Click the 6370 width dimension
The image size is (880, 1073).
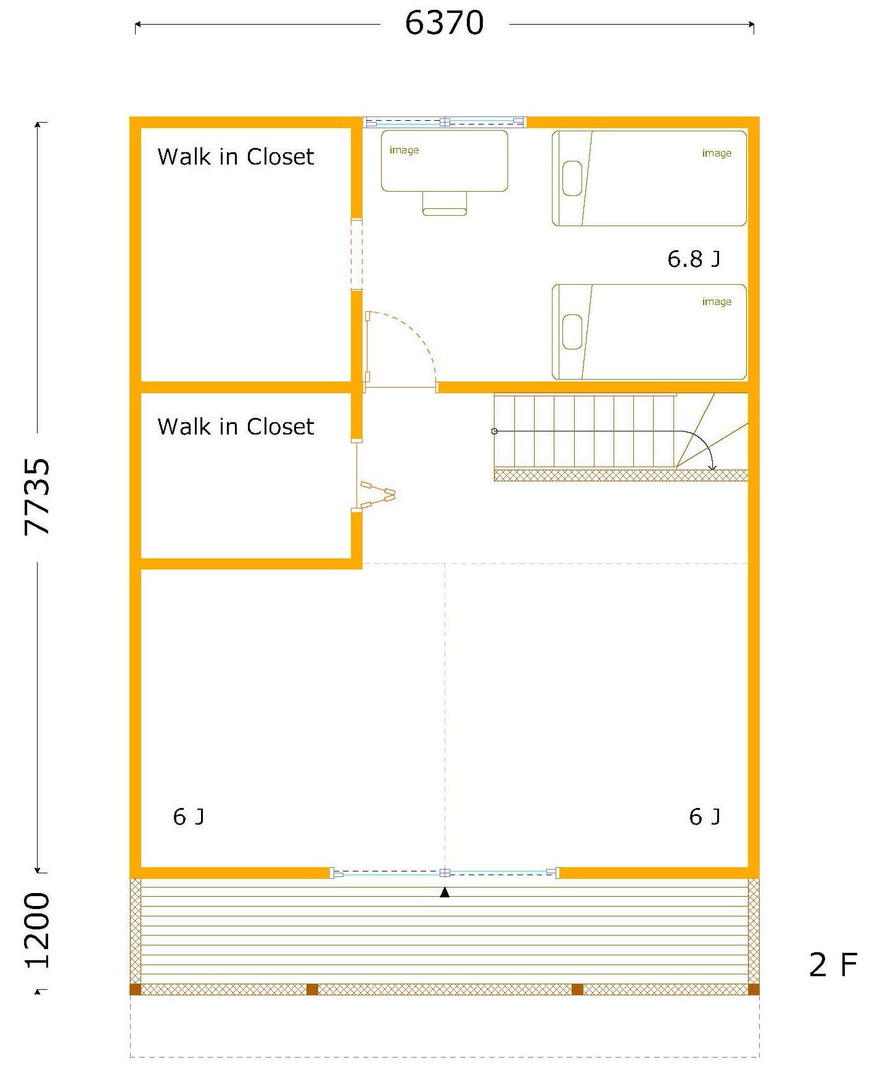click(444, 23)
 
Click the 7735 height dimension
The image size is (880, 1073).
click(37, 497)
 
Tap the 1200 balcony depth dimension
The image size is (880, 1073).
click(37, 930)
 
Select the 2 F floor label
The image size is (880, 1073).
click(833, 965)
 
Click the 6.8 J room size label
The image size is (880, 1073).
click(693, 259)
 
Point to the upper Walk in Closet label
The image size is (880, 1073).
click(236, 157)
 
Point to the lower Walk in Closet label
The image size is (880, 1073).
click(236, 426)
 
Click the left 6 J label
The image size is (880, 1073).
click(189, 817)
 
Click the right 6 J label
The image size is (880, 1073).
click(704, 817)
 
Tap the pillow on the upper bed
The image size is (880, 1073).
click(572, 178)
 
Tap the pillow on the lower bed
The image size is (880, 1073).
click(572, 332)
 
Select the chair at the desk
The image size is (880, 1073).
click(445, 203)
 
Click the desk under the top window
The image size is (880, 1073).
click(445, 160)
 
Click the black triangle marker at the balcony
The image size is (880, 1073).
click(445, 892)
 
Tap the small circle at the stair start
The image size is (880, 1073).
click(495, 431)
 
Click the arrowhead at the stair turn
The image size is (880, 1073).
click(712, 467)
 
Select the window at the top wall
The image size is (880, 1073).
click(445, 122)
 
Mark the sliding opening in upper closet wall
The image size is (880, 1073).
click(356, 254)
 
